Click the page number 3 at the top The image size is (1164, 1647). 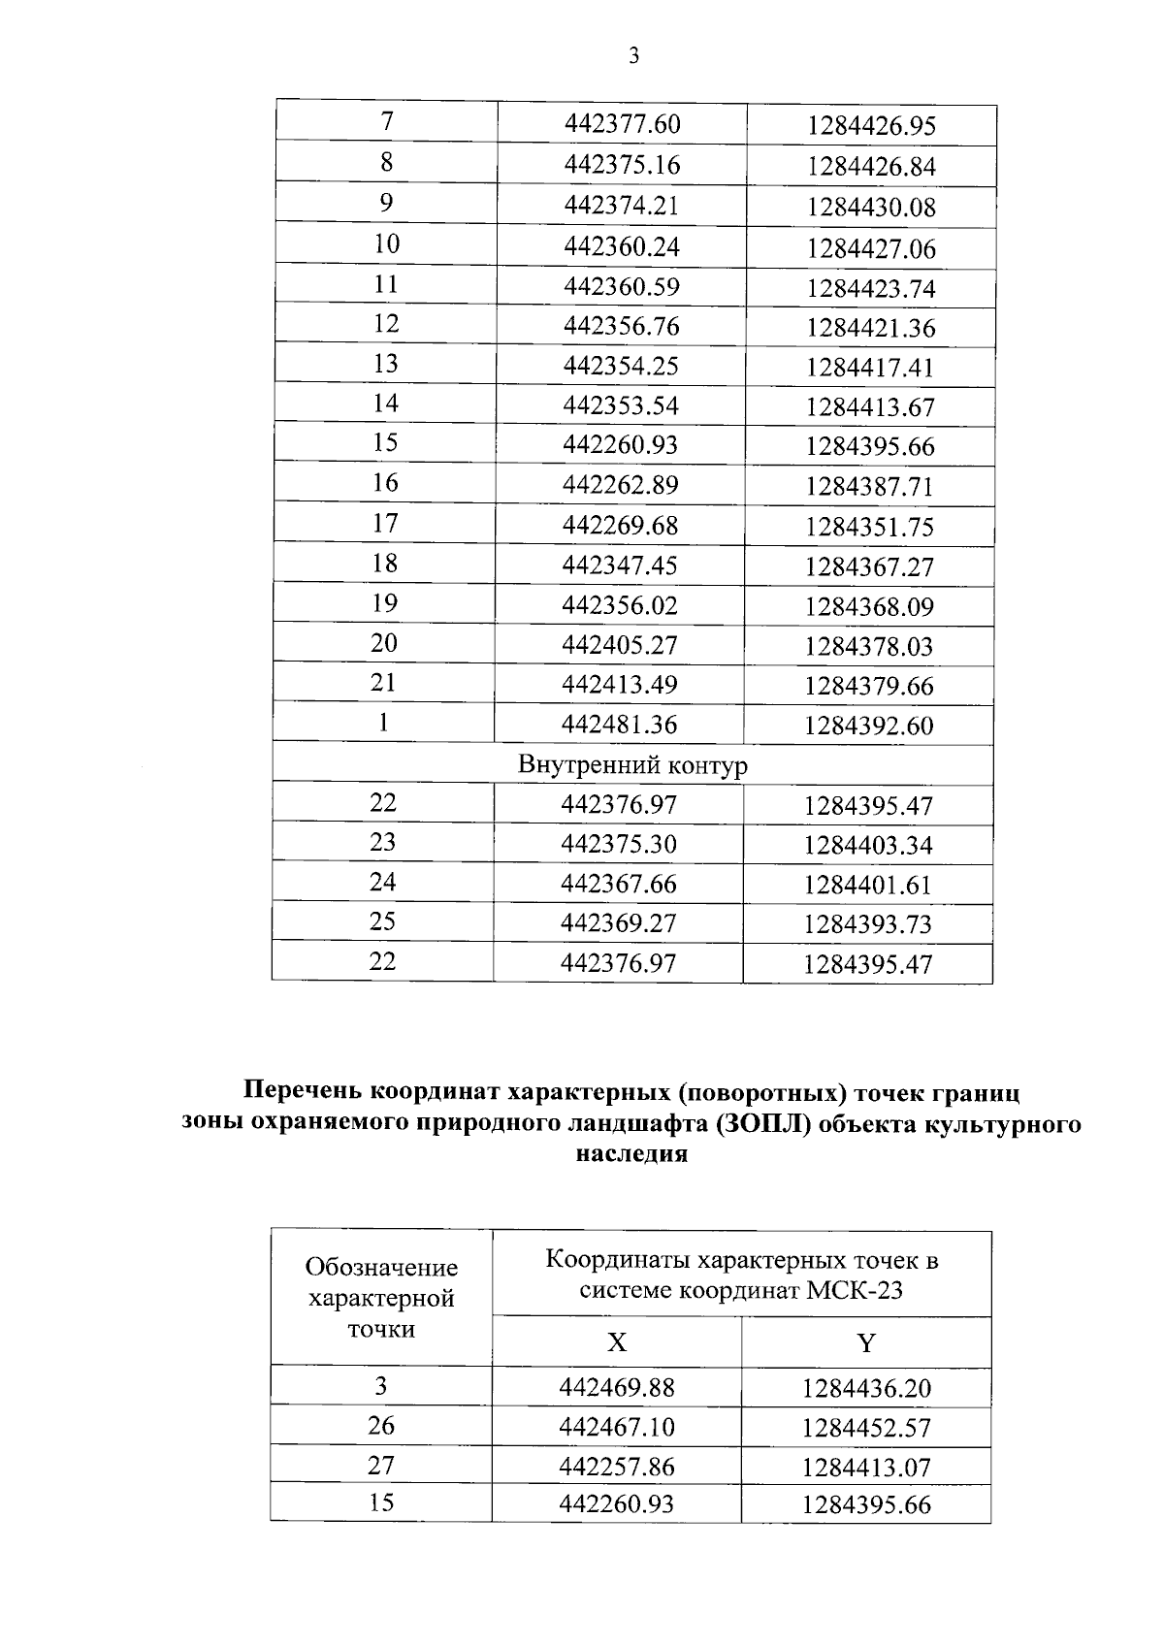633,56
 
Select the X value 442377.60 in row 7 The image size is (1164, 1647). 623,124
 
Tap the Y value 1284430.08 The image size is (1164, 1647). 871,208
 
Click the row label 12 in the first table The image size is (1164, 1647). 386,323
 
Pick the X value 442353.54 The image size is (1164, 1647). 621,404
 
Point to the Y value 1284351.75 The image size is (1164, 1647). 869,527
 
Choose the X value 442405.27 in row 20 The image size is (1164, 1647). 620,645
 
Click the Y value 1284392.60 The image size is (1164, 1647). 868,726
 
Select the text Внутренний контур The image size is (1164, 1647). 632,764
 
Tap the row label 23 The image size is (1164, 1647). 383,842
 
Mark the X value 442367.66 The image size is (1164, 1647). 619,884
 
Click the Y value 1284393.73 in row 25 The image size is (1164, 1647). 867,924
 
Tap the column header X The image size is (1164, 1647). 617,1342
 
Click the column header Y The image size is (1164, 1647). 866,1342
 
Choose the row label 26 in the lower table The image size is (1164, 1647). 381,1425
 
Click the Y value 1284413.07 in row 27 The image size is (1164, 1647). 866,1468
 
